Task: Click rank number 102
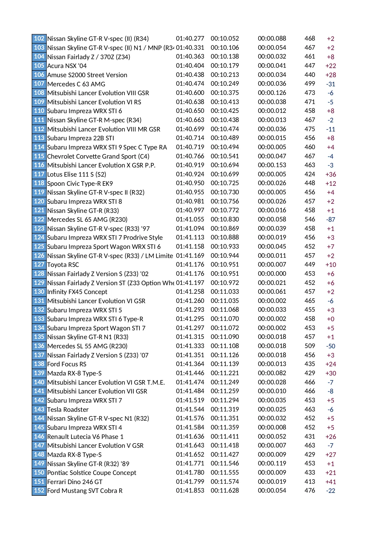[x=39, y=38]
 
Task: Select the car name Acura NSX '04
[x=67, y=66]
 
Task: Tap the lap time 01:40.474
[x=190, y=84]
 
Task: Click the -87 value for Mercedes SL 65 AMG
[x=330, y=220]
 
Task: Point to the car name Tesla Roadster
[x=68, y=410]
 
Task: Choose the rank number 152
[x=39, y=490]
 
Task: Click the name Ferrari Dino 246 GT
[x=75, y=482]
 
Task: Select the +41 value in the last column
[x=330, y=482]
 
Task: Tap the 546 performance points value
[x=310, y=220]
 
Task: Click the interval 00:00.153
[x=272, y=165]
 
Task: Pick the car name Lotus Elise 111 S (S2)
[x=76, y=174]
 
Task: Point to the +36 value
[x=330, y=174]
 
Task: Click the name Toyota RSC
[x=63, y=265]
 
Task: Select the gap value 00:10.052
[x=225, y=38]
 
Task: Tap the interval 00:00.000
[x=272, y=274]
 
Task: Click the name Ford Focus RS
[x=67, y=364]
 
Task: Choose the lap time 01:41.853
[x=190, y=491]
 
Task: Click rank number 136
[x=39, y=346]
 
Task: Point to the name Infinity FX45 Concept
[x=77, y=292]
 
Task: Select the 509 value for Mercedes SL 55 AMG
[x=310, y=346]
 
